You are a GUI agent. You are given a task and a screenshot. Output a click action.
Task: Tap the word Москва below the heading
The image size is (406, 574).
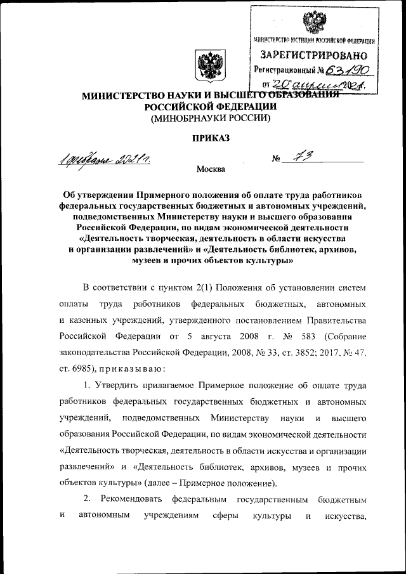tap(210, 170)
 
